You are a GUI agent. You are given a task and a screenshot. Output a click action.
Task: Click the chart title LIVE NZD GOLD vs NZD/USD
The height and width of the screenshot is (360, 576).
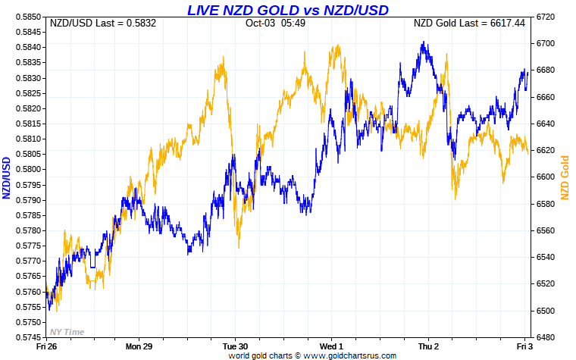coord(288,9)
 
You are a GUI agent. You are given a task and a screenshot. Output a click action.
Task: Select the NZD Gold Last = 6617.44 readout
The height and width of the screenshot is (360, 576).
coord(469,23)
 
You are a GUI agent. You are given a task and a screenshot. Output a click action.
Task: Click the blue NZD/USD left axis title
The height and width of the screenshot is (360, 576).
coord(7,177)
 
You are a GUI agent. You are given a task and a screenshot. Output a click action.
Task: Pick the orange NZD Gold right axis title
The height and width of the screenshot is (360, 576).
coord(564,177)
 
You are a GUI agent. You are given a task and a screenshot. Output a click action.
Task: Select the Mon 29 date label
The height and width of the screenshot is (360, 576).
coord(139,346)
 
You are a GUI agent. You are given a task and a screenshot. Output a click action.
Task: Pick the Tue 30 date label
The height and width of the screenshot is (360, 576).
coord(235,346)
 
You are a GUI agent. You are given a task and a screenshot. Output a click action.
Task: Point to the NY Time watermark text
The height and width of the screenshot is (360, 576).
coord(67,331)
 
